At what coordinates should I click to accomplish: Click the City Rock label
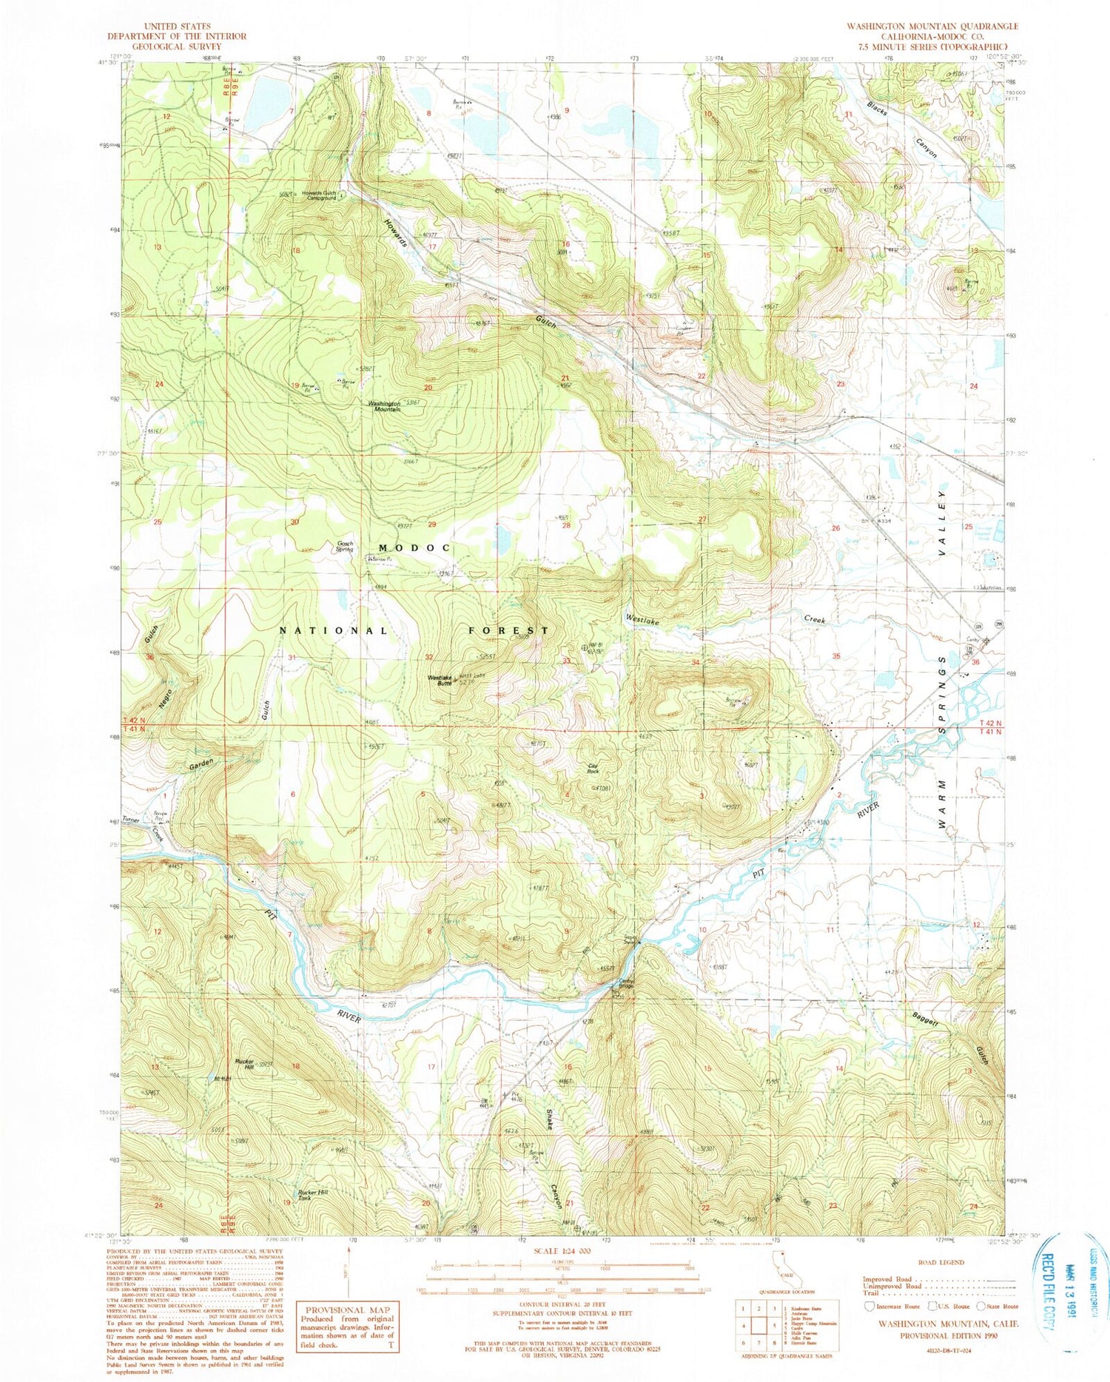[x=593, y=768]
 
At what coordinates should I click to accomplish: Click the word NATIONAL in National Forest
[x=332, y=630]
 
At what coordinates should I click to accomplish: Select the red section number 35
[x=837, y=656]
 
